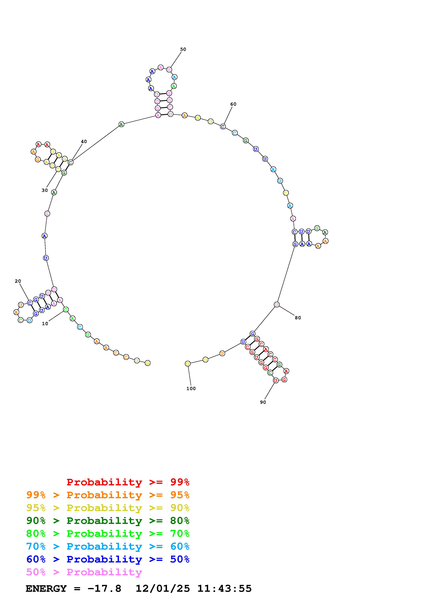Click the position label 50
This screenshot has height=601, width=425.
click(x=183, y=49)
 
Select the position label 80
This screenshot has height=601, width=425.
click(x=298, y=318)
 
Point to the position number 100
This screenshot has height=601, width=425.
click(x=191, y=388)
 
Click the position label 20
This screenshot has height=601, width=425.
click(x=18, y=281)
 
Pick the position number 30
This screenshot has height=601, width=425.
click(x=45, y=190)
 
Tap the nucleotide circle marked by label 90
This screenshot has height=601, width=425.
click(x=276, y=380)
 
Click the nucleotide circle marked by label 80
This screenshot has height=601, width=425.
click(x=277, y=304)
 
